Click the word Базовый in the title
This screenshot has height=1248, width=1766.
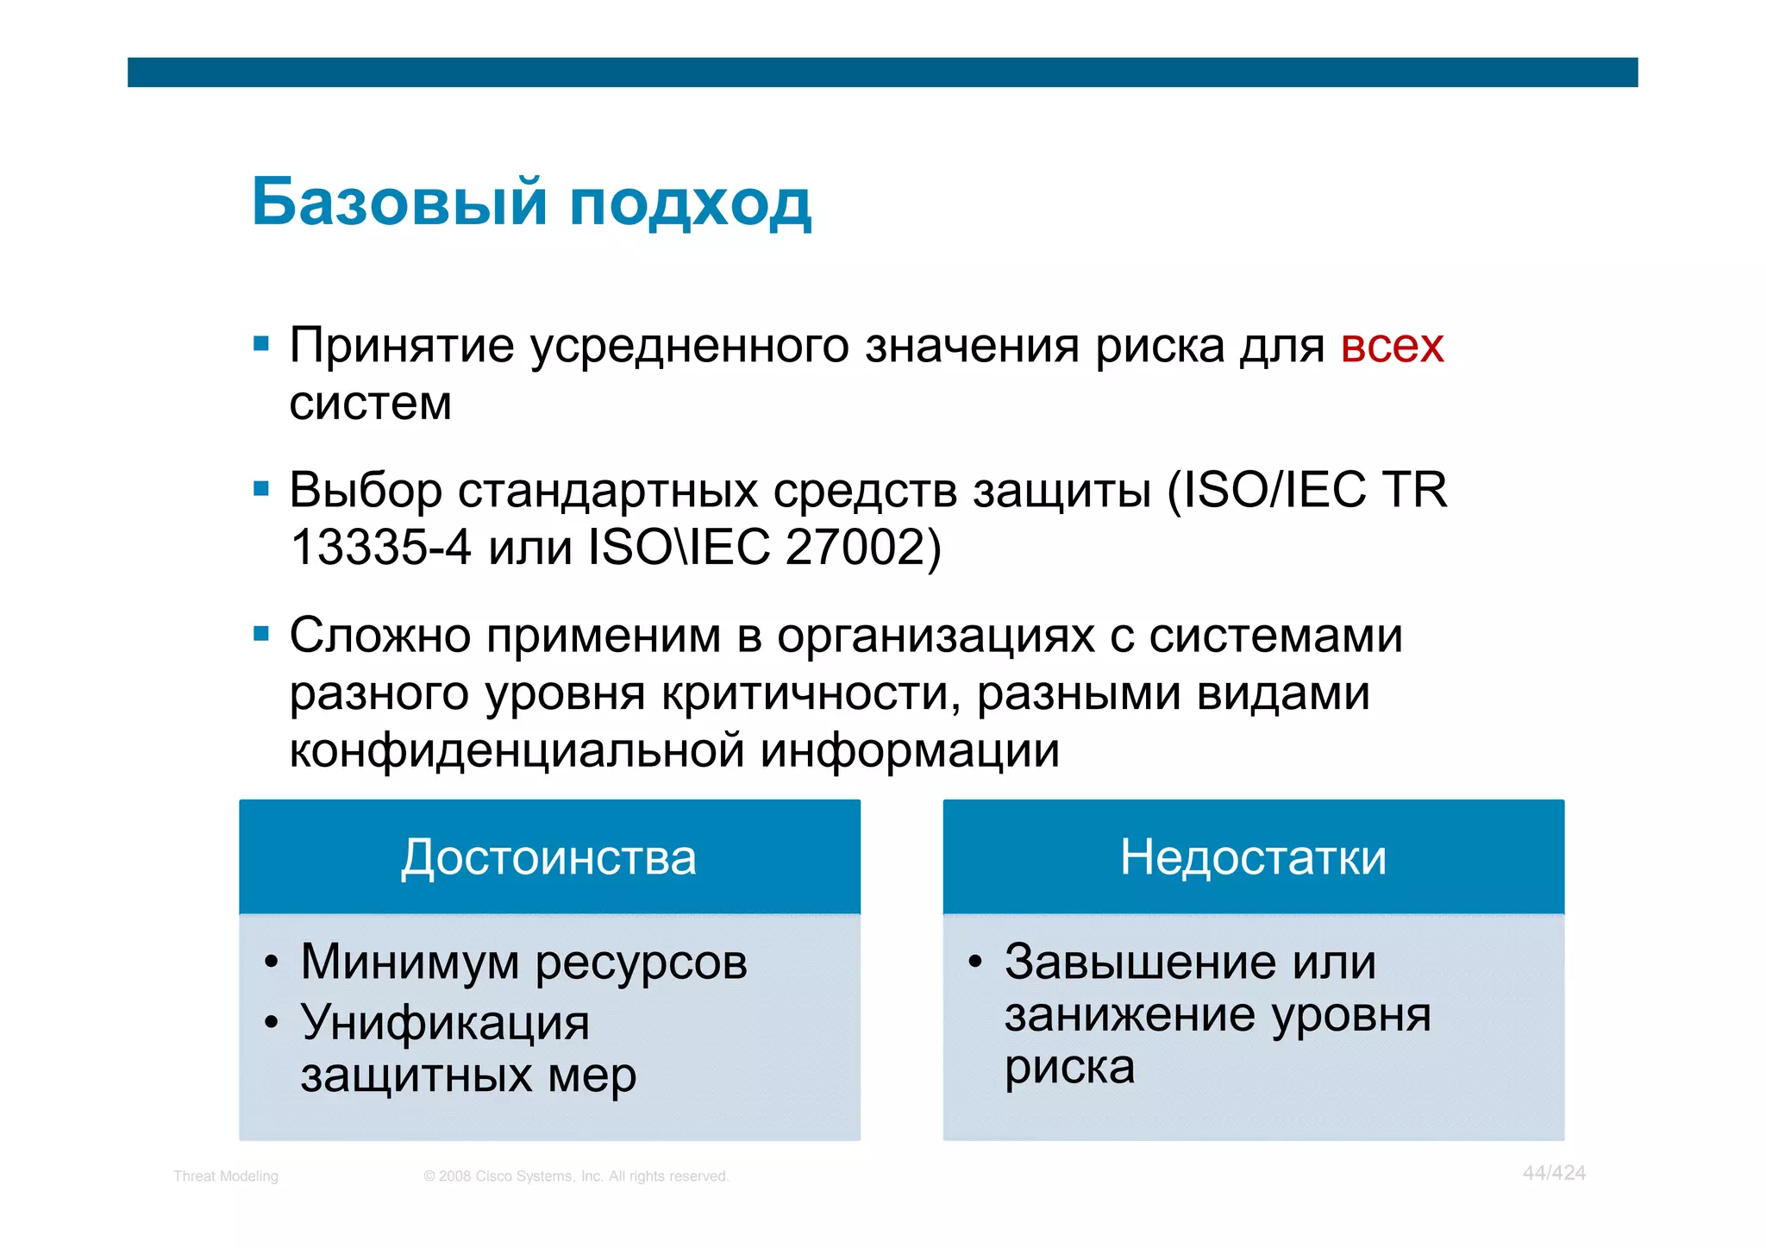coord(398,203)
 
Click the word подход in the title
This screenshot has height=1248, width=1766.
coord(690,205)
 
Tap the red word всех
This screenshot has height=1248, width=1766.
coord(1392,347)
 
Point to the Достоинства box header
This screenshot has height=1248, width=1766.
coord(549,857)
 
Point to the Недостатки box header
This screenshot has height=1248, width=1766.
coord(1253,857)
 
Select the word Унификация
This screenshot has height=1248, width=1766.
coord(445,1023)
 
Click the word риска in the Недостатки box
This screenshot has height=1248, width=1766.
coord(1069,1068)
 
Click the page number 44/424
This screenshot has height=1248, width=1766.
coord(1554,1173)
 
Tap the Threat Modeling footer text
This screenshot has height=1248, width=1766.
coord(226,1176)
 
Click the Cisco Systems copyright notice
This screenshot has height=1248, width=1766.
coord(576,1176)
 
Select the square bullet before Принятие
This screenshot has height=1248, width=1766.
coord(261,345)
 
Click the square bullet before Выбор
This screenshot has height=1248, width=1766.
coord(261,490)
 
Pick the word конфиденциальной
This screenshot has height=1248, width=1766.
coord(517,750)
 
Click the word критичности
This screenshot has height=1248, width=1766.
coord(810,693)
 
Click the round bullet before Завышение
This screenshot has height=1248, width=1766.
coord(974,962)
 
